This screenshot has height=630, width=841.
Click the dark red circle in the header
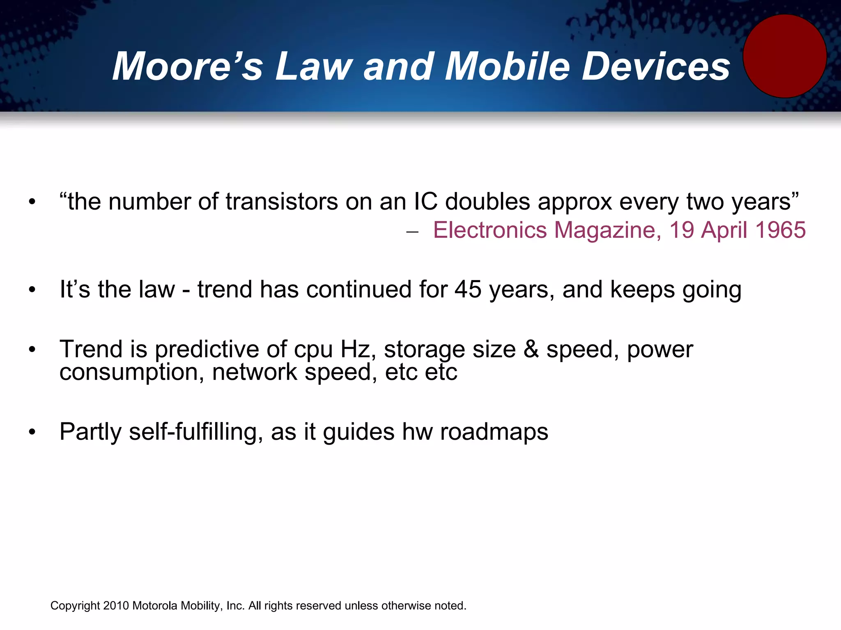[785, 56]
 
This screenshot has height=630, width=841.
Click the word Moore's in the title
[187, 66]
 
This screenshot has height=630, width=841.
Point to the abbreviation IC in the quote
[426, 202]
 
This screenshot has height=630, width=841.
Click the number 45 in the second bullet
[468, 290]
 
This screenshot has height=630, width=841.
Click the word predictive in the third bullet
[207, 349]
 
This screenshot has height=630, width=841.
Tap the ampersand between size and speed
[531, 349]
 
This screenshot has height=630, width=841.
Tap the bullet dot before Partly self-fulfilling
[32, 432]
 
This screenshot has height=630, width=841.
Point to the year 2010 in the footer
[116, 606]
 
